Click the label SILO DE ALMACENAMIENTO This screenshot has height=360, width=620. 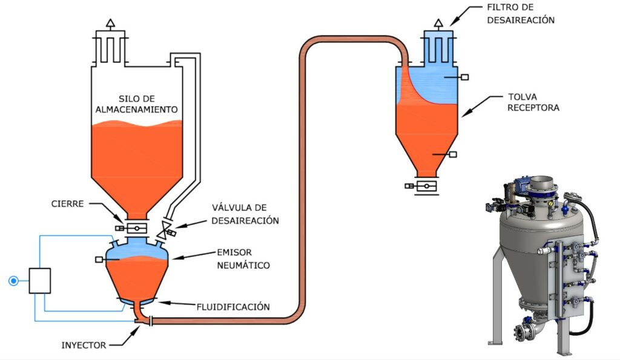point(139,104)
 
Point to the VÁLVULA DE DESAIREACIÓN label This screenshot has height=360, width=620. point(245,215)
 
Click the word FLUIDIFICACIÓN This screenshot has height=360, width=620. point(232,307)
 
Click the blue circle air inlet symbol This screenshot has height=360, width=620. point(13,281)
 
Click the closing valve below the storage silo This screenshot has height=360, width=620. point(137,228)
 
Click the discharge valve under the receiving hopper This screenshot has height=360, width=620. point(426,186)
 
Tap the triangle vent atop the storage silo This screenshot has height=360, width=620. point(110,24)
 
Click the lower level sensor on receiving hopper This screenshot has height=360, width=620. point(452,154)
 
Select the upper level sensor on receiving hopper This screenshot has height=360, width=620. point(464,77)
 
